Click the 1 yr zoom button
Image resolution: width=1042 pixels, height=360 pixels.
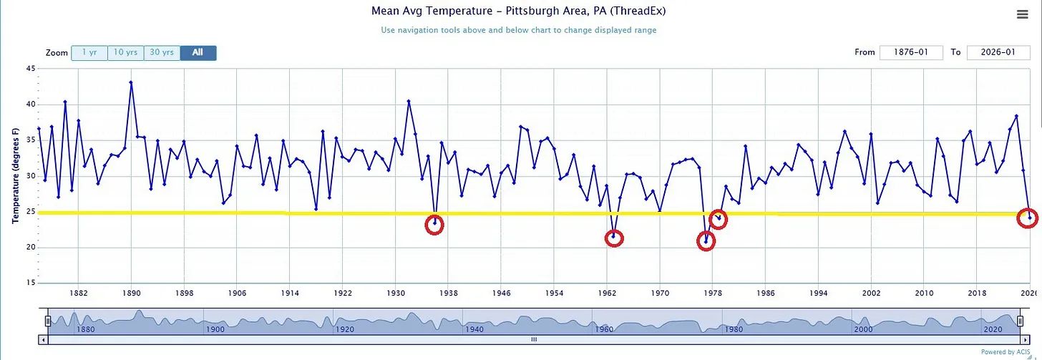pyautogui.click(x=89, y=53)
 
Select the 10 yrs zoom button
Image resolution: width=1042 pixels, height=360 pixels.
pyautogui.click(x=126, y=53)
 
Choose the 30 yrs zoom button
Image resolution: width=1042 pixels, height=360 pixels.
pyautogui.click(x=162, y=53)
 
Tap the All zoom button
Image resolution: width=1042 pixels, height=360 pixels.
pyautogui.click(x=198, y=53)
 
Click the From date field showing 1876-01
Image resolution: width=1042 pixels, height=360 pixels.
pyautogui.click(x=911, y=52)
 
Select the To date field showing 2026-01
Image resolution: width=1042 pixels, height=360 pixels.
pyautogui.click(x=998, y=52)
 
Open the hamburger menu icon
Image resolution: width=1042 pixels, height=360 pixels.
pyautogui.click(x=1022, y=14)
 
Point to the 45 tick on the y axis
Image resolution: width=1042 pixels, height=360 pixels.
pyautogui.click(x=31, y=69)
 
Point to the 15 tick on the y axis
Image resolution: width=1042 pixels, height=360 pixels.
pyautogui.click(x=31, y=283)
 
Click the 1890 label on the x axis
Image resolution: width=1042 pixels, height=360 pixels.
pyautogui.click(x=131, y=293)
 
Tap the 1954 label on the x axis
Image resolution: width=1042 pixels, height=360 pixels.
pyautogui.click(x=554, y=293)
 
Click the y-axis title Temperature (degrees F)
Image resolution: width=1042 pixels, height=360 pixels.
pyautogui.click(x=15, y=175)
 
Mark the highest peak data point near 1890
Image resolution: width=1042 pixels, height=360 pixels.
pyautogui.click(x=131, y=82)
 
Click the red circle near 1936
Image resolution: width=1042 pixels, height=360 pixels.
pyautogui.click(x=434, y=225)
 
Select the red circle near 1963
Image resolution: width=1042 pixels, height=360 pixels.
pyautogui.click(x=614, y=238)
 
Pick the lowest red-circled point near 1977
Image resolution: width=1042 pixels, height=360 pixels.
pyautogui.click(x=706, y=241)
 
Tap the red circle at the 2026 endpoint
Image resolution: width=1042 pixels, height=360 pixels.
pyautogui.click(x=1028, y=218)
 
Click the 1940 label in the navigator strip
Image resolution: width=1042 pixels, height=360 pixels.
pyautogui.click(x=474, y=329)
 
